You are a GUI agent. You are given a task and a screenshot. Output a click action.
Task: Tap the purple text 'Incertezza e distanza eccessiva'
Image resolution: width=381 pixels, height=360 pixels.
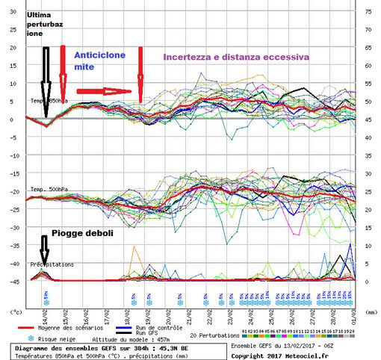tap(236, 55)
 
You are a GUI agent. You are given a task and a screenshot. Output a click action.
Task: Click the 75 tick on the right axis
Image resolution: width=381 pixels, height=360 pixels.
tap(368, 11)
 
